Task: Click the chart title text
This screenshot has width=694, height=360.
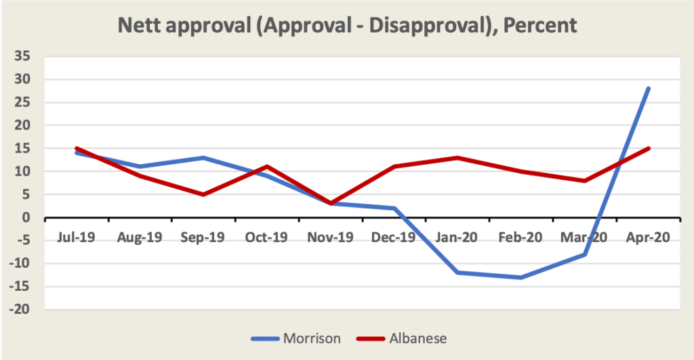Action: point(347,26)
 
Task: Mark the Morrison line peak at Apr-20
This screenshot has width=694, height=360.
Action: point(649,88)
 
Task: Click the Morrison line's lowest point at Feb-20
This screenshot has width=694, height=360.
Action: point(521,277)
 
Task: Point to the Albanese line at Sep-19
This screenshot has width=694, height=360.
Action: point(203,195)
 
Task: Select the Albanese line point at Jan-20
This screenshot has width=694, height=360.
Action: point(457,157)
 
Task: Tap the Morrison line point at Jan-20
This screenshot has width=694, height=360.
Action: point(457,273)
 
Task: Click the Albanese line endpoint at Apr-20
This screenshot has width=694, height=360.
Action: point(649,148)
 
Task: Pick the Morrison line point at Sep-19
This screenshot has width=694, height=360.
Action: point(203,157)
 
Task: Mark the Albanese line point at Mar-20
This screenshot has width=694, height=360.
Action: point(585,180)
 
